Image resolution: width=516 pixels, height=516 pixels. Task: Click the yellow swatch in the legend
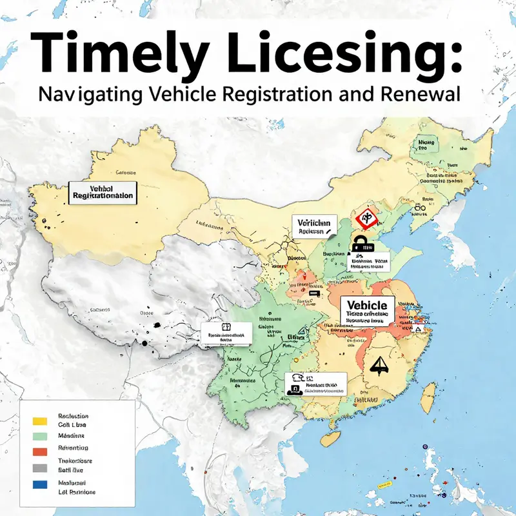(x=41, y=421)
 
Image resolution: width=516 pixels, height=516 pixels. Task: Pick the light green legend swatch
(x=41, y=437)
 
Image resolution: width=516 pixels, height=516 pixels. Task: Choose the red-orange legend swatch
(x=41, y=451)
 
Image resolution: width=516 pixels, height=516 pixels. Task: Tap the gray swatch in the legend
(x=41, y=467)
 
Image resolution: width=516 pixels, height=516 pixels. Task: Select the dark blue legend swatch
(x=41, y=483)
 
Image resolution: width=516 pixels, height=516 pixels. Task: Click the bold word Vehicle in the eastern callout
(x=366, y=305)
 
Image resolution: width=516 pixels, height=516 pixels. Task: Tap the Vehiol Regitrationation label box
(x=103, y=191)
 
